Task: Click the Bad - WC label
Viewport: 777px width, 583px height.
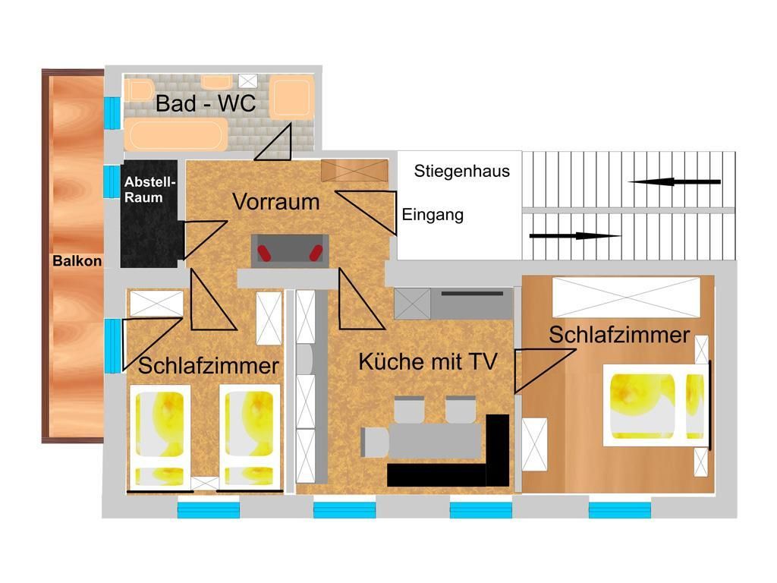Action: [205, 104]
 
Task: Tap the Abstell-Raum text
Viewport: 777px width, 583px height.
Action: [149, 190]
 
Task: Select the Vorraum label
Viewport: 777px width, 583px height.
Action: [275, 202]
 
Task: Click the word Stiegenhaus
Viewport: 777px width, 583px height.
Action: [461, 172]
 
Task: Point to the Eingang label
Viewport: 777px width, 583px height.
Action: [433, 215]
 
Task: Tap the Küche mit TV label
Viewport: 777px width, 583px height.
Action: [427, 361]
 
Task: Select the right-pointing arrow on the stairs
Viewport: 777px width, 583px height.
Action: [574, 236]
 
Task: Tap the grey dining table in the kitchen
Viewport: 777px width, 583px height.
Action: [421, 440]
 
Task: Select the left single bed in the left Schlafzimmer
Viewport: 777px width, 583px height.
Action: [160, 436]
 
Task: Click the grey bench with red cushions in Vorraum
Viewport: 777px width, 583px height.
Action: [289, 250]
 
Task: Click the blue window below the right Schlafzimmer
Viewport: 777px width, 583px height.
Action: [619, 509]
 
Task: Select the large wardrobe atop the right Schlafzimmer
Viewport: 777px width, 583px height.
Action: [624, 298]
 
